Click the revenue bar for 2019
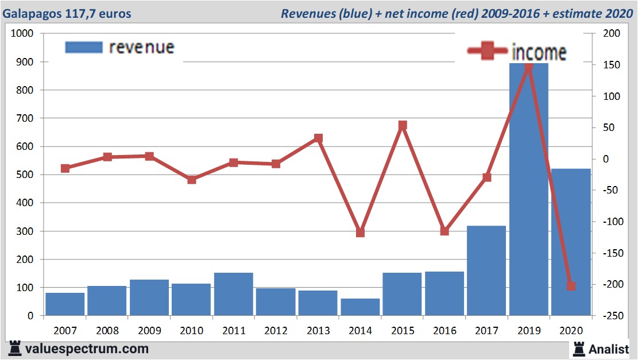pyautogui.click(x=528, y=189)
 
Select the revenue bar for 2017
pyautogui.click(x=486, y=270)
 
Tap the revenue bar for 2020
pyautogui.click(x=571, y=242)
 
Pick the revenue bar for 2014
pyautogui.click(x=360, y=307)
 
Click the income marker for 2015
pyautogui.click(x=403, y=125)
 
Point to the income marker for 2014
pyautogui.click(x=360, y=233)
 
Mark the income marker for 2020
pyautogui.click(x=571, y=287)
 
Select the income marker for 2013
pyautogui.click(x=318, y=138)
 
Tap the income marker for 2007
pyautogui.click(x=65, y=168)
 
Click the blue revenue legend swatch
pyautogui.click(x=84, y=47)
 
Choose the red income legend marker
pyautogui.click(x=487, y=51)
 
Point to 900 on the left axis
pyautogui.click(x=25, y=62)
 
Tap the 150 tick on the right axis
pyautogui.click(x=612, y=65)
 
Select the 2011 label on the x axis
pyautogui.click(x=234, y=331)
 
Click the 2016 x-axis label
pyautogui.click(x=444, y=331)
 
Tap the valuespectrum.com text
pyautogui.click(x=87, y=349)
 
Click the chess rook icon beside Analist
pyautogui.click(x=579, y=349)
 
